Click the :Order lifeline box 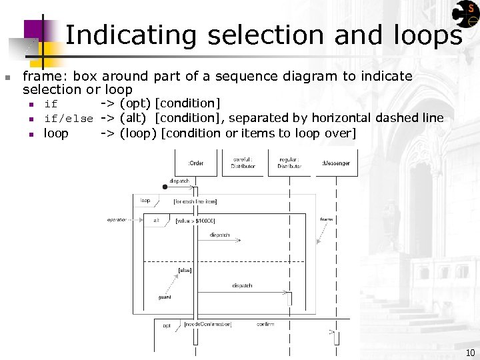tap(196, 163)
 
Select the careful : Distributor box tap(243, 163)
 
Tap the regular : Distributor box tap(289, 163)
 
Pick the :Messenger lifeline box tap(336, 163)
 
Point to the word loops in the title tap(424, 35)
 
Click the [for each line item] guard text tap(195, 201)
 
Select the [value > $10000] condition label tap(195, 221)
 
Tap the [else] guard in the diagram tap(185, 270)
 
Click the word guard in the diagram tap(165, 297)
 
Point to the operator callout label tap(117, 219)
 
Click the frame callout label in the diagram tap(327, 219)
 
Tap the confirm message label tap(265, 324)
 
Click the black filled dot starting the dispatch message tap(165, 187)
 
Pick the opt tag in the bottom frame tap(167, 325)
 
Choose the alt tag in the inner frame tap(157, 220)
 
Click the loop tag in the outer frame tap(145, 200)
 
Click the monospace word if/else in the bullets tap(68, 119)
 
